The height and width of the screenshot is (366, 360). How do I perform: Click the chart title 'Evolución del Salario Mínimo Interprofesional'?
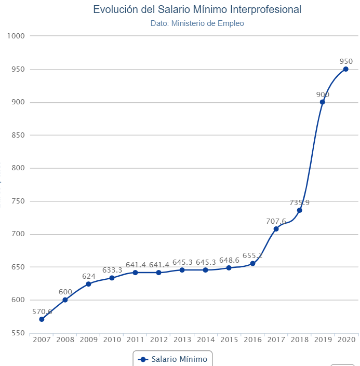tap(197, 9)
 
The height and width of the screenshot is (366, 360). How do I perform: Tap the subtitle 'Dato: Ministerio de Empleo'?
tap(197, 23)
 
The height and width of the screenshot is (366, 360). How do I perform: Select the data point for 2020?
tap(346, 69)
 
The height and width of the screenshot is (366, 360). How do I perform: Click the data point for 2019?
tap(323, 102)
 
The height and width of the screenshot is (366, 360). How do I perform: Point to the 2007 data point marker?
tap(42, 319)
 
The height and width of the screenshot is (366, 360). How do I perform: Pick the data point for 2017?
tap(276, 229)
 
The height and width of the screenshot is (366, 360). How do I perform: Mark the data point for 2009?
tap(88, 284)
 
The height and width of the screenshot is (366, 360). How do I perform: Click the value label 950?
tap(346, 61)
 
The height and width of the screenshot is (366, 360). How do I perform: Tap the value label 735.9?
tap(299, 202)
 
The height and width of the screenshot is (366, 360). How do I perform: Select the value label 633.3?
tap(112, 270)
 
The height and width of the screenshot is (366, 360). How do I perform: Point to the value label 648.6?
tap(229, 260)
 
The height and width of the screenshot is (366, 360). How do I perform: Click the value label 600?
tap(65, 292)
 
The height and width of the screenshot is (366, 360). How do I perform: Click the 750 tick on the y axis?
tap(19, 201)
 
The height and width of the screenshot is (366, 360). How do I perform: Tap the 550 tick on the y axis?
tap(19, 333)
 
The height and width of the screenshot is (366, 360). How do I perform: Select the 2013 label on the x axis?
tap(182, 340)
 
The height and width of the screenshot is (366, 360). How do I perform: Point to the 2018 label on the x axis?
tap(299, 340)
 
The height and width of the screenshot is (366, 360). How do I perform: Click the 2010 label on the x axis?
tap(112, 340)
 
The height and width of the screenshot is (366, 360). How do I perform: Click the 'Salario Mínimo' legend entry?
tap(173, 359)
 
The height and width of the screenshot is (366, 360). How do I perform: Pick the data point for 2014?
tap(205, 270)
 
